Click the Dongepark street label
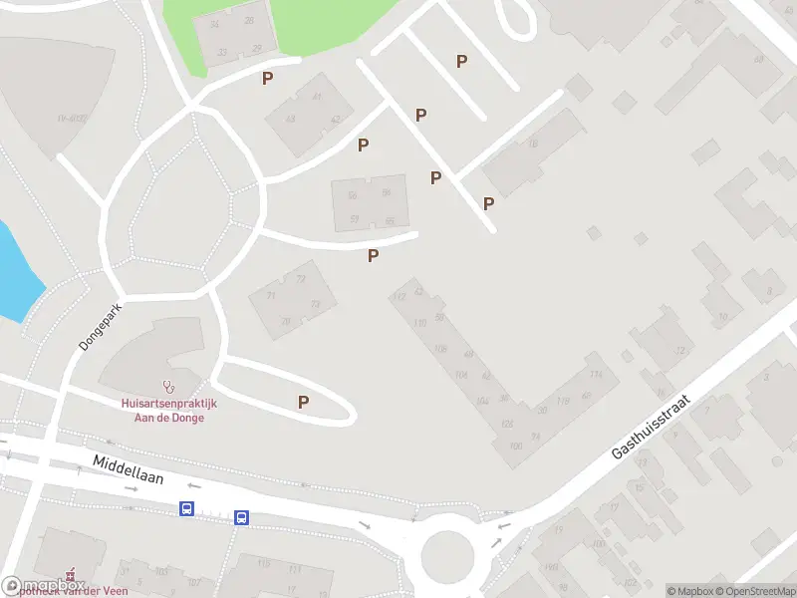[101, 326]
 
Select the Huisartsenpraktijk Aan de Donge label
[169, 410]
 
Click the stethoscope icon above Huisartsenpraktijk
[168, 385]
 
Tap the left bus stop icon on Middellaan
[186, 508]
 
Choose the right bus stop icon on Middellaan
[241, 516]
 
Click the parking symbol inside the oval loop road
[303, 402]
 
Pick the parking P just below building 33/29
[267, 78]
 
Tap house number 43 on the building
[291, 119]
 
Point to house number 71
[270, 296]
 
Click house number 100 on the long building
[515, 446]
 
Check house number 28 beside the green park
[248, 21]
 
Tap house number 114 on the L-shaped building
[596, 374]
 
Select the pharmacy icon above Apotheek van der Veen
[69, 575]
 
